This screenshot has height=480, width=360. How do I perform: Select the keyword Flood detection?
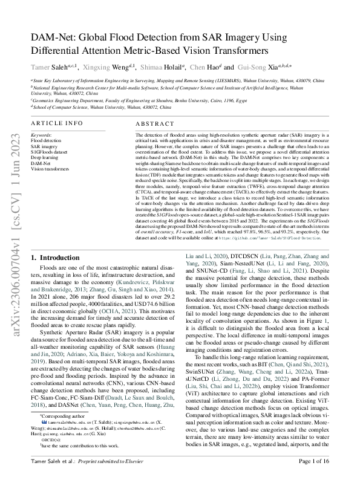pyautogui.click(x=45, y=140)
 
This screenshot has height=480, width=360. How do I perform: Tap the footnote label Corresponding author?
pyautogui.click(x=60, y=400)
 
